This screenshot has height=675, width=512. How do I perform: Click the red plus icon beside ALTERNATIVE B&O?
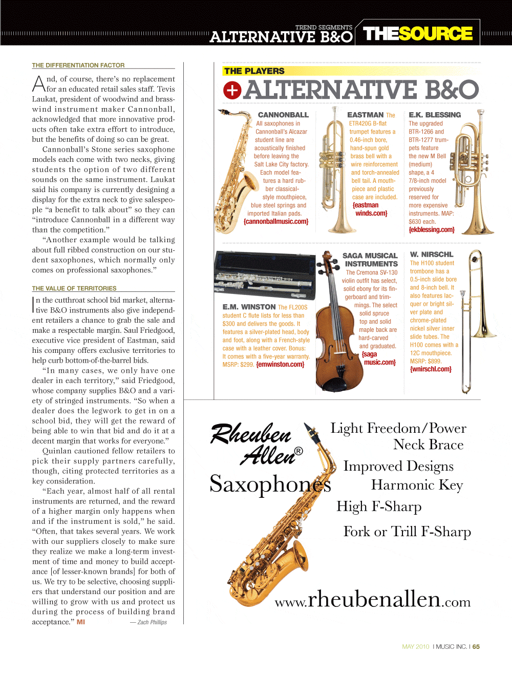pyautogui.click(x=232, y=90)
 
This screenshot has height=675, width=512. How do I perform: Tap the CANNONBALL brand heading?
pyautogui.click(x=283, y=115)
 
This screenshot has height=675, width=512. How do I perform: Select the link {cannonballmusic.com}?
pyautogui.click(x=276, y=222)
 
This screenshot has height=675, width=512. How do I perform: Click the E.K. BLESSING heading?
pyautogui.click(x=435, y=115)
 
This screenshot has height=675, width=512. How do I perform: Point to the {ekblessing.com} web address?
pyautogui.click(x=432, y=230)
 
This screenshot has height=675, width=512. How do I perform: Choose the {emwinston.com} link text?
pyautogui.click(x=280, y=365)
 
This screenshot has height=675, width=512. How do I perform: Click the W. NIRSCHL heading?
pyautogui.click(x=432, y=255)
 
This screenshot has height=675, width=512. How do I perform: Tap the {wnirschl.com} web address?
pyautogui.click(x=431, y=369)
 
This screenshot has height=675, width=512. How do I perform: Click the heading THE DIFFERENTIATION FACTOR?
pyautogui.click(x=78, y=66)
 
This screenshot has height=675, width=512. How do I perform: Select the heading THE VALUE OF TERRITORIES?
pyautogui.click(x=74, y=289)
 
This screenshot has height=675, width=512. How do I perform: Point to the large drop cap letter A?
pyautogui.click(x=39, y=83)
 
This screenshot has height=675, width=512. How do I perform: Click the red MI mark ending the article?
pyautogui.click(x=81, y=622)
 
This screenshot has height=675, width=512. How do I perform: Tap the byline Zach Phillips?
pyautogui.click(x=152, y=623)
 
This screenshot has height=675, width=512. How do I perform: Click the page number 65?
pyautogui.click(x=476, y=647)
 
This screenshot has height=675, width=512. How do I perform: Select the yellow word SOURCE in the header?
pyautogui.click(x=436, y=34)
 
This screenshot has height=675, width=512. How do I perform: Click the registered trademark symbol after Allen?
pyautogui.click(x=298, y=451)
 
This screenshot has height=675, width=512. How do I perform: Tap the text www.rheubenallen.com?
pyautogui.click(x=373, y=600)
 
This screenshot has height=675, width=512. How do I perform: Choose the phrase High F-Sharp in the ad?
pyautogui.click(x=379, y=507)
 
